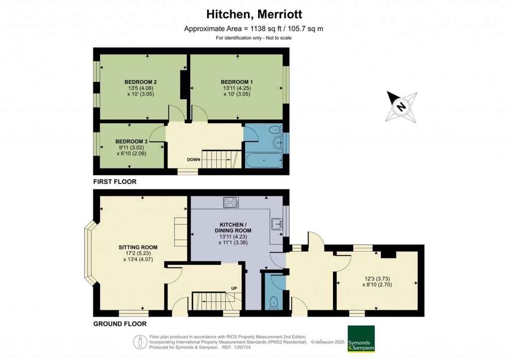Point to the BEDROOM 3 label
pyautogui.click(x=132, y=141)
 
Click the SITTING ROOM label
pyautogui.click(x=138, y=247)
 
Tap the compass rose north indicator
pyautogui.click(x=401, y=106)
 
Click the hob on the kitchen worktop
pyautogui.click(x=231, y=202)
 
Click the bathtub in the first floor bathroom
pyautogui.click(x=263, y=160)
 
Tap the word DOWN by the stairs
pyautogui.click(x=194, y=160)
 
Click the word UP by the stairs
pyautogui.click(x=235, y=288)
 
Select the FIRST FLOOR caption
pyautogui.click(x=115, y=182)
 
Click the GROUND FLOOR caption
pyautogui.click(x=120, y=324)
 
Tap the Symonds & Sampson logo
pyautogui.click(x=361, y=339)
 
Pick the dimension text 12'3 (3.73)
pyautogui.click(x=377, y=279)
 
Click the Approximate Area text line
pyautogui.click(x=254, y=29)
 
